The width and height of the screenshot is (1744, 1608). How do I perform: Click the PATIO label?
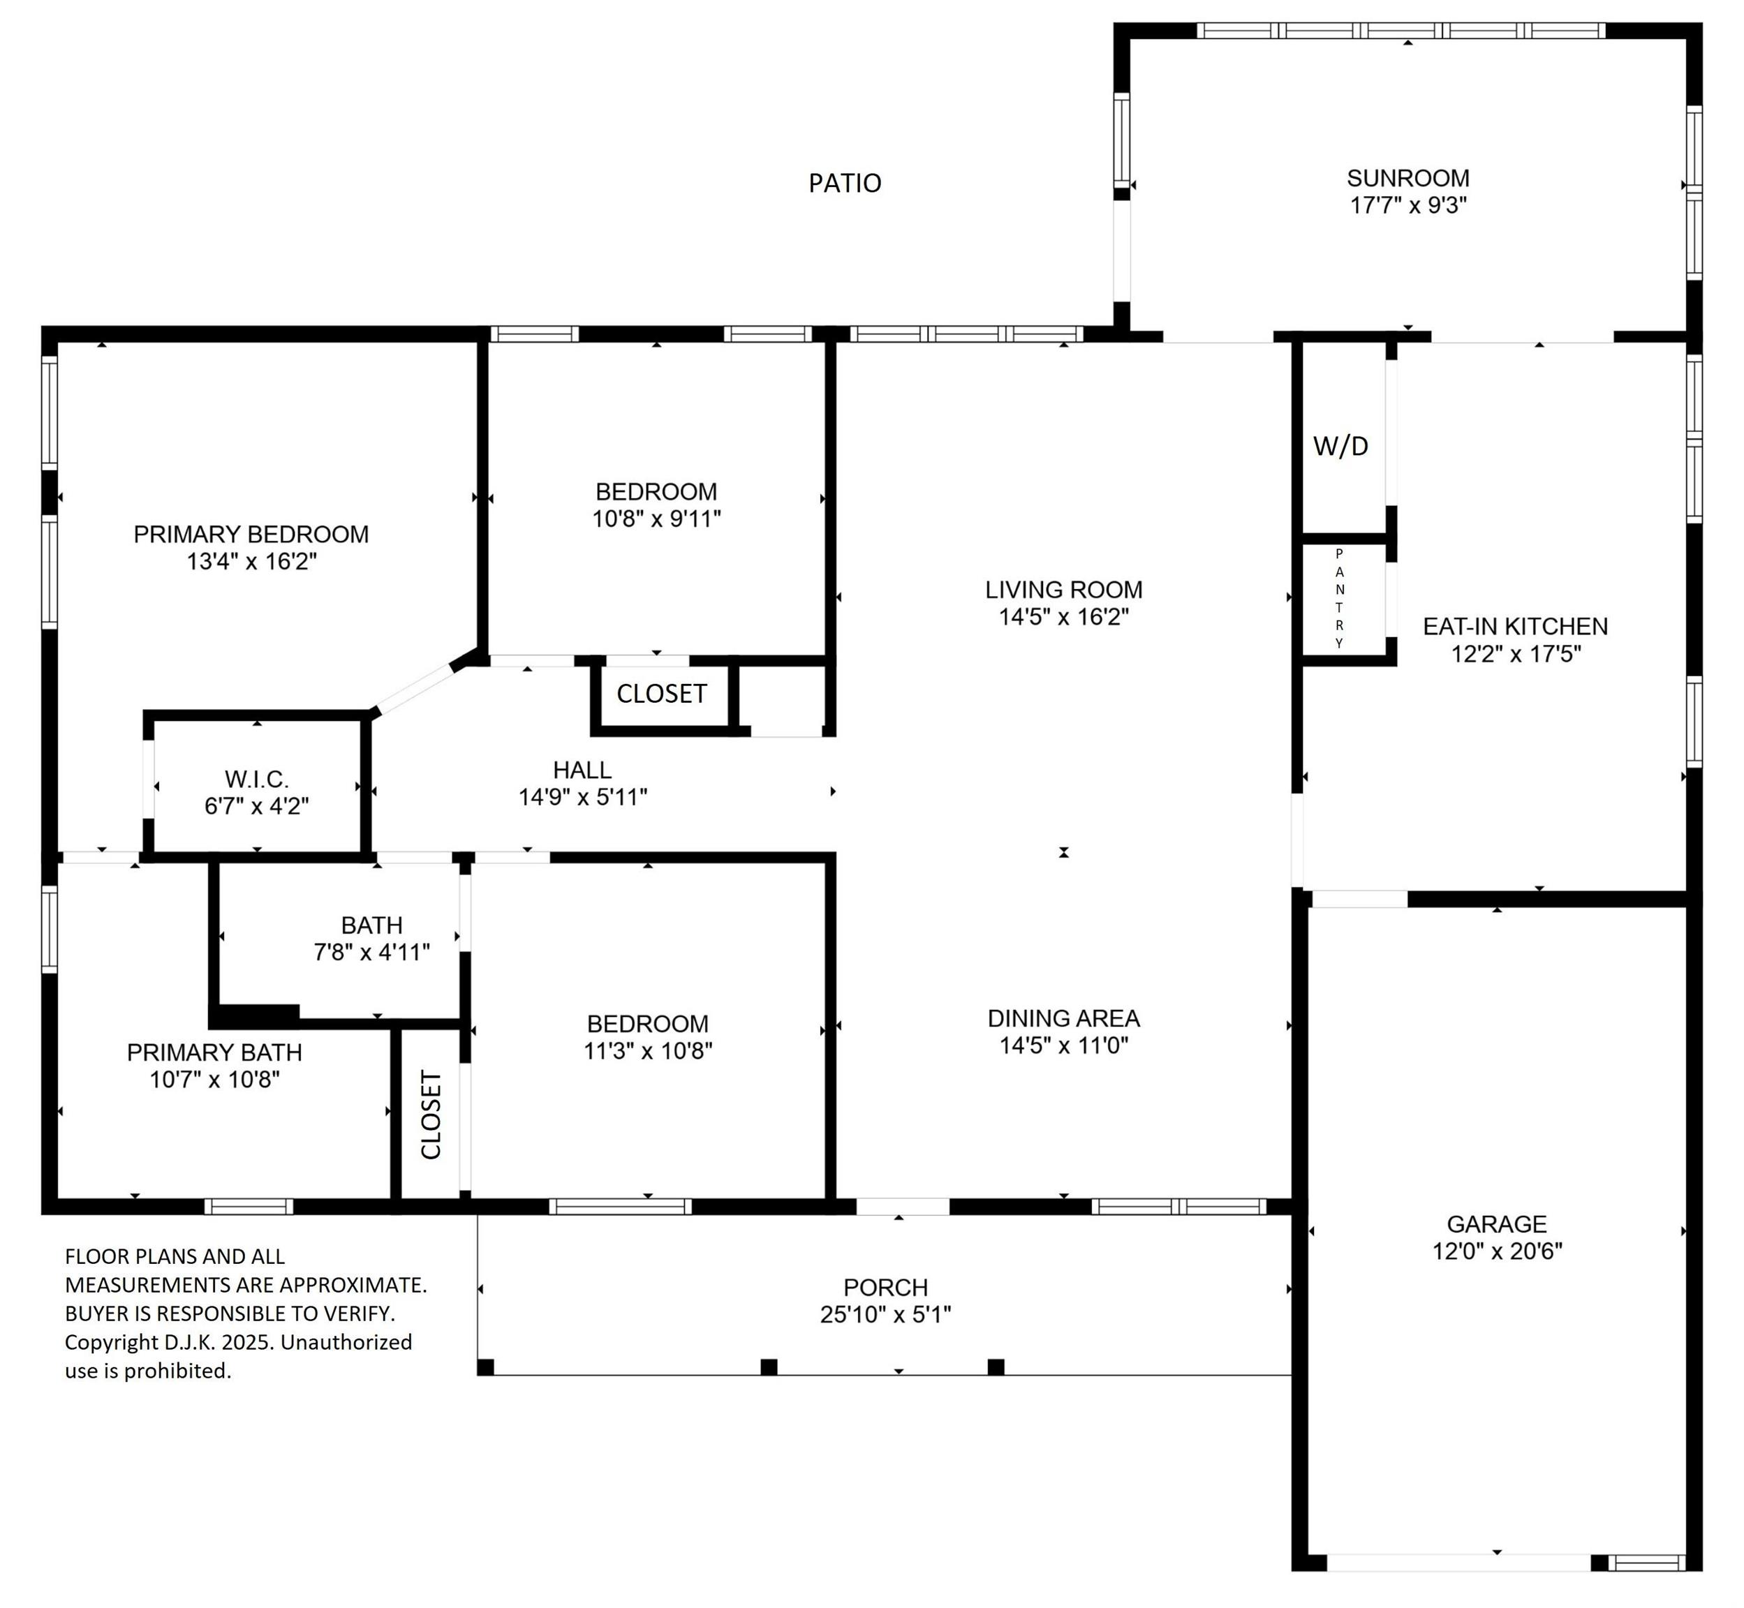(844, 183)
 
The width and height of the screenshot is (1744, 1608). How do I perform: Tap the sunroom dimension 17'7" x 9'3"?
(1408, 205)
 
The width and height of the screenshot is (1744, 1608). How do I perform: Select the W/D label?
(1340, 447)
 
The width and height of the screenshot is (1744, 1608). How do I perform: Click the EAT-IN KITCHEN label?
(1515, 627)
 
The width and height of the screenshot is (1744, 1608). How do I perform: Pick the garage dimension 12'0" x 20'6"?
(1497, 1251)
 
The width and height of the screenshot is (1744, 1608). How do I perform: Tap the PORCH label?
(885, 1287)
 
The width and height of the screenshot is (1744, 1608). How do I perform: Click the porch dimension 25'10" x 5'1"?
(885, 1314)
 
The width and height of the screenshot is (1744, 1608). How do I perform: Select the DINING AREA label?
(1063, 1018)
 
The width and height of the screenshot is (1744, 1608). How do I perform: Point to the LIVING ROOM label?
(1063, 589)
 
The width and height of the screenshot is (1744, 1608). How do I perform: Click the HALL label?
(582, 769)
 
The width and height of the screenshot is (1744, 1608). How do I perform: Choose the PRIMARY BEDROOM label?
(251, 535)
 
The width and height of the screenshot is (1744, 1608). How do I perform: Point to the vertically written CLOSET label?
(431, 1115)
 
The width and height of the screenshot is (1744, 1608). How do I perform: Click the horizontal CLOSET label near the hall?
(661, 694)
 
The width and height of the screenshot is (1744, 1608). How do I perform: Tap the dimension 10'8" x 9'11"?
(656, 519)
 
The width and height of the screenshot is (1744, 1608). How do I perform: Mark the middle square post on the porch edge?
(769, 1367)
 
